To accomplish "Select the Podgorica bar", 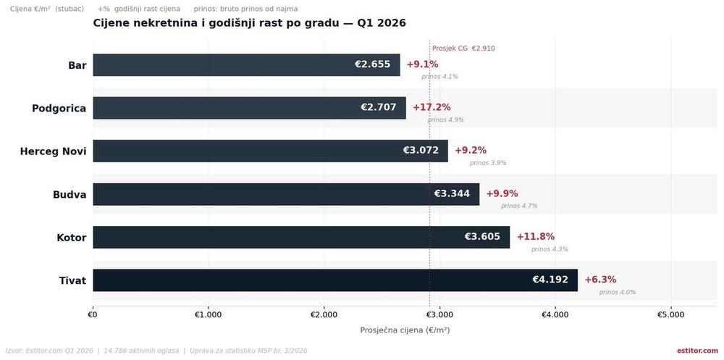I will click(x=249, y=108).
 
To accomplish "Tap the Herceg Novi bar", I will click(x=270, y=151).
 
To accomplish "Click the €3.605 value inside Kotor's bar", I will click(x=482, y=237).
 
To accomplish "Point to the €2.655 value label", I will click(x=373, y=64).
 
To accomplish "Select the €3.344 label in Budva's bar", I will click(x=452, y=193).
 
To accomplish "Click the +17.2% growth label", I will click(x=432, y=107).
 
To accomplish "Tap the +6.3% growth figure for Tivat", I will click(x=600, y=280).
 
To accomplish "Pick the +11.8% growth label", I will click(x=535, y=237).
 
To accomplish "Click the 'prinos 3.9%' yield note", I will click(x=488, y=163).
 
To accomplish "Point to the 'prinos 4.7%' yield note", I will click(x=519, y=206).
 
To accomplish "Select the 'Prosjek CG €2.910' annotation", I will click(x=463, y=49).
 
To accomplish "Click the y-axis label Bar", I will click(x=77, y=65).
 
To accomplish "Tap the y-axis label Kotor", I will click(x=71, y=238).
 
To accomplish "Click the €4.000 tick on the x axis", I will click(x=555, y=315).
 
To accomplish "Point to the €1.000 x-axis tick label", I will click(x=208, y=315).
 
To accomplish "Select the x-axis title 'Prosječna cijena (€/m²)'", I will click(x=405, y=330).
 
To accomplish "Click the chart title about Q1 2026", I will click(x=249, y=23).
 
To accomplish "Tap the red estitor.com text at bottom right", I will click(x=697, y=351).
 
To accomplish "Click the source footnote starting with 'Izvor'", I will click(x=156, y=351).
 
